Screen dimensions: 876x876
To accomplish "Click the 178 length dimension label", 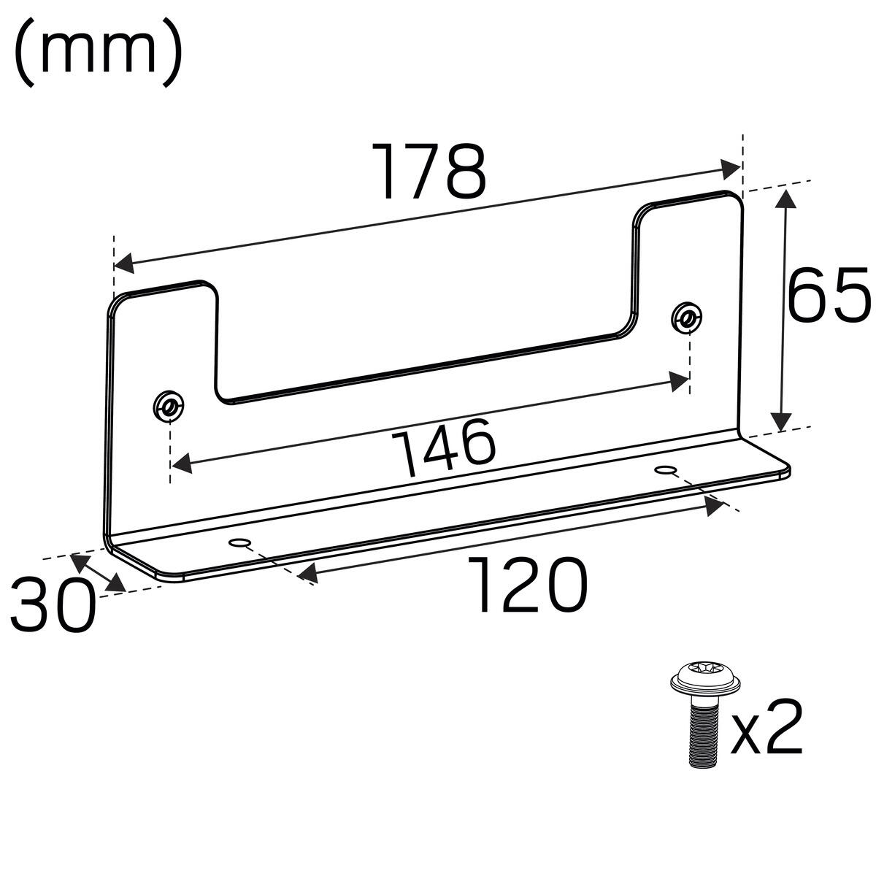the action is [x=429, y=172].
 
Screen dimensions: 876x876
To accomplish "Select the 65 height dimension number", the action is [x=829, y=296].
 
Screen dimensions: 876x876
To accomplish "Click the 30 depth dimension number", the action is [x=53, y=605].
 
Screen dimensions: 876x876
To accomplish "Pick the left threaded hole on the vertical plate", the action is [x=169, y=405].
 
